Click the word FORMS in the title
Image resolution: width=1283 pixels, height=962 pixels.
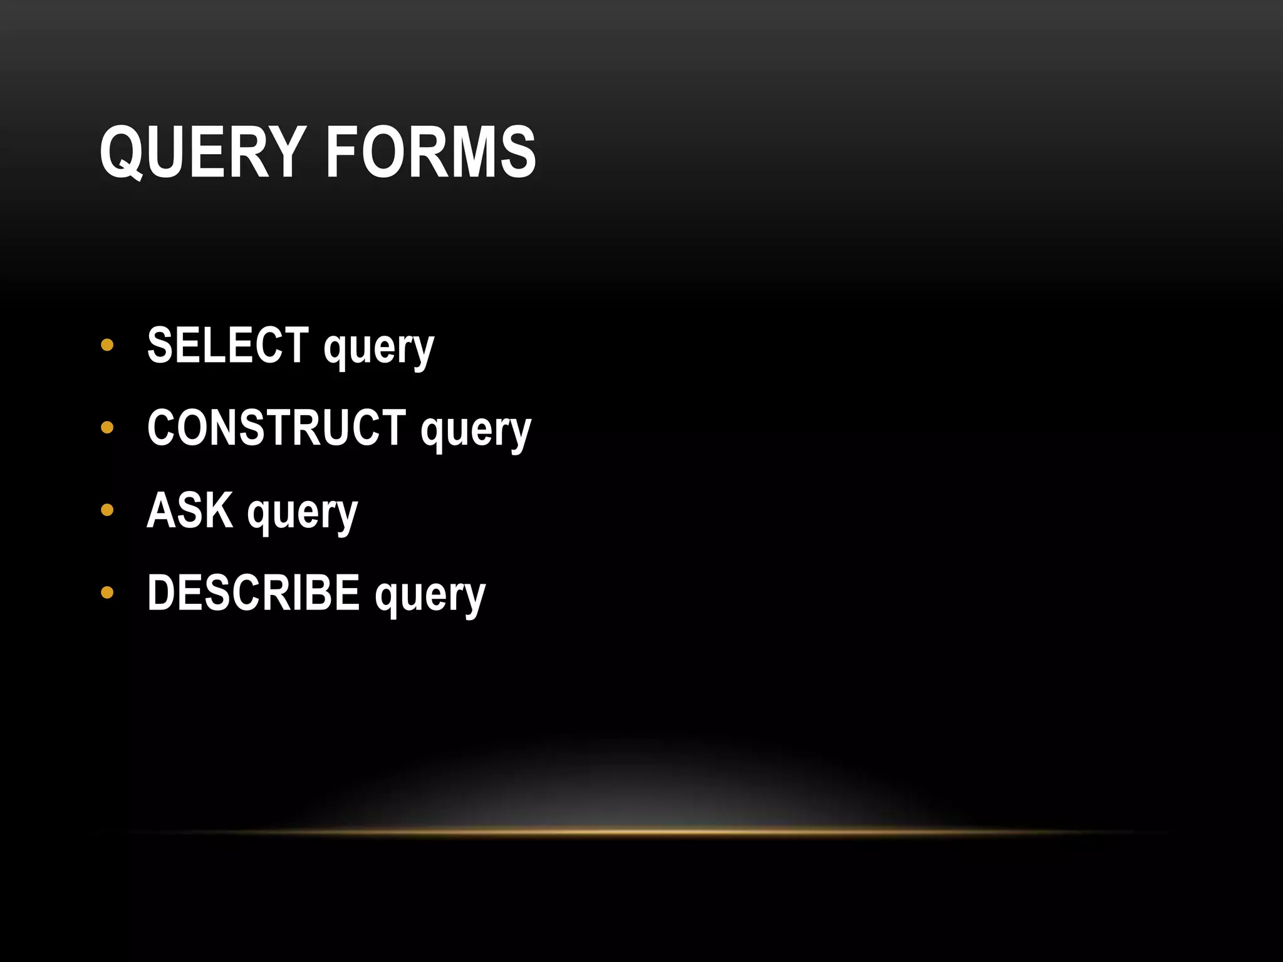[x=430, y=152]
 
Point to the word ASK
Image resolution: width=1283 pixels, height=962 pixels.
[x=190, y=510]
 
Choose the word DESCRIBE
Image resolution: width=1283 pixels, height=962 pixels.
[x=254, y=592]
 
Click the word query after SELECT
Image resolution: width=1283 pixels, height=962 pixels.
[x=378, y=348]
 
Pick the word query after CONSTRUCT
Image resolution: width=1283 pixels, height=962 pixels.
[x=475, y=431]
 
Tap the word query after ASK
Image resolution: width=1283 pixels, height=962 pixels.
[x=302, y=514]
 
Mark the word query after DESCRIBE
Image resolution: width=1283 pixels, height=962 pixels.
[x=430, y=596]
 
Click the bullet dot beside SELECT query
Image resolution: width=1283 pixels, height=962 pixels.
[x=107, y=345]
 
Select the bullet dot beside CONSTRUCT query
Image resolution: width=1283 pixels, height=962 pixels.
[x=107, y=428]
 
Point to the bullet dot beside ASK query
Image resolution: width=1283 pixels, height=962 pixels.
[x=107, y=510]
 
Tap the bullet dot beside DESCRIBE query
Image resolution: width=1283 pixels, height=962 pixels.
[x=107, y=592]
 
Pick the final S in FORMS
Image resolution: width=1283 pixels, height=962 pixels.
[x=519, y=152]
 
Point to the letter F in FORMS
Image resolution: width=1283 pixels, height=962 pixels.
[x=341, y=152]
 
